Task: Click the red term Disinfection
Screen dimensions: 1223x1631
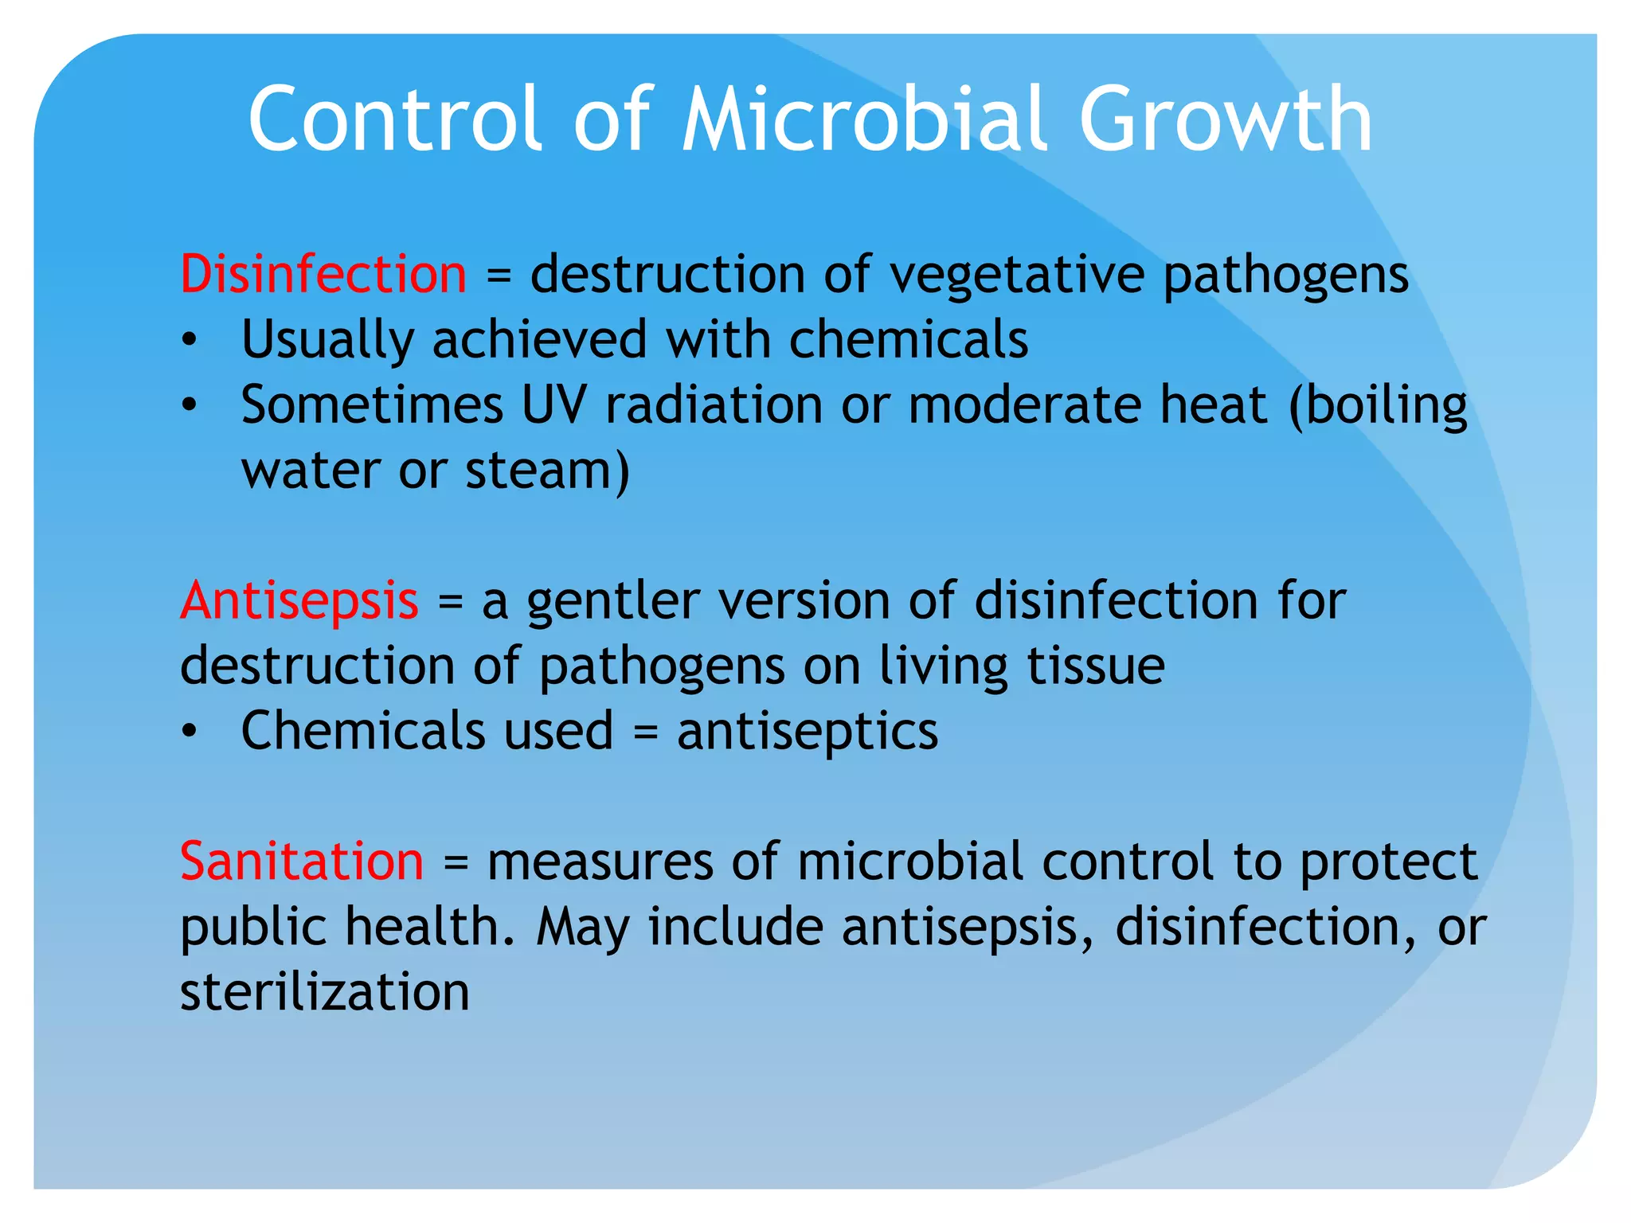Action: (x=323, y=275)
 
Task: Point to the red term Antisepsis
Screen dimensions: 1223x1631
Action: (x=299, y=600)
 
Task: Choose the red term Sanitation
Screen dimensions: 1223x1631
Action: (x=302, y=862)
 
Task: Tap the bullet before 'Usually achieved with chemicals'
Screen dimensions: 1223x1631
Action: (x=189, y=341)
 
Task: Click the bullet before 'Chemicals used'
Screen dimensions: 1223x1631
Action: (x=189, y=732)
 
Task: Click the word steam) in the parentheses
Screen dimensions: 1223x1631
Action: (x=547, y=471)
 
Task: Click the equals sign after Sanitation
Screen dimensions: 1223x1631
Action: (x=456, y=863)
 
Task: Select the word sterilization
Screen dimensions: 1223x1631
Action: (x=325, y=992)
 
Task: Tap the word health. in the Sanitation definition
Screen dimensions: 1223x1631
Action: (x=430, y=927)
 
